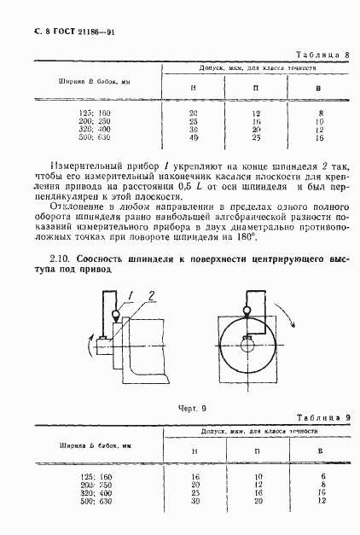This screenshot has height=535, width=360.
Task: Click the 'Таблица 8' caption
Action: click(x=326, y=54)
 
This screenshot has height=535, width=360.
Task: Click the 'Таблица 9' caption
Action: click(x=326, y=416)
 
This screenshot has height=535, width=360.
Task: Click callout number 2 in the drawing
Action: click(x=151, y=296)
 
